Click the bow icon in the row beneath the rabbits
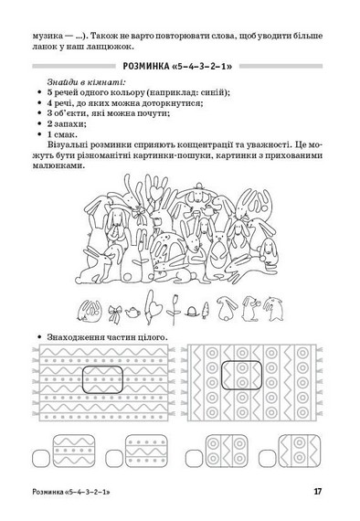(x=114, y=311)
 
